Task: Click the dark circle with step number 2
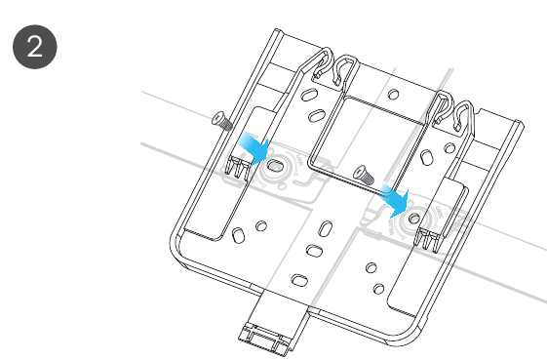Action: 35,47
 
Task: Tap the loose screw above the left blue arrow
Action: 222,120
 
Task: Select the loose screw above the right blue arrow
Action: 364,175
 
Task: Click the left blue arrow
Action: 254,148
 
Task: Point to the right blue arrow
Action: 395,200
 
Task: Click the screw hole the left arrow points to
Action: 276,166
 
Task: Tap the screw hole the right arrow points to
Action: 414,219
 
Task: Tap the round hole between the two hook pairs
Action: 394,94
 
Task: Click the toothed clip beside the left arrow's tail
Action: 238,169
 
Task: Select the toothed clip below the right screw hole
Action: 428,238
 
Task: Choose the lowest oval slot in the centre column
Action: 299,280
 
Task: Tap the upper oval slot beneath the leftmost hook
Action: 309,95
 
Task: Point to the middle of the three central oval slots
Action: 314,251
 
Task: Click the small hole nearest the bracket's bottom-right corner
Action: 378,289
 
